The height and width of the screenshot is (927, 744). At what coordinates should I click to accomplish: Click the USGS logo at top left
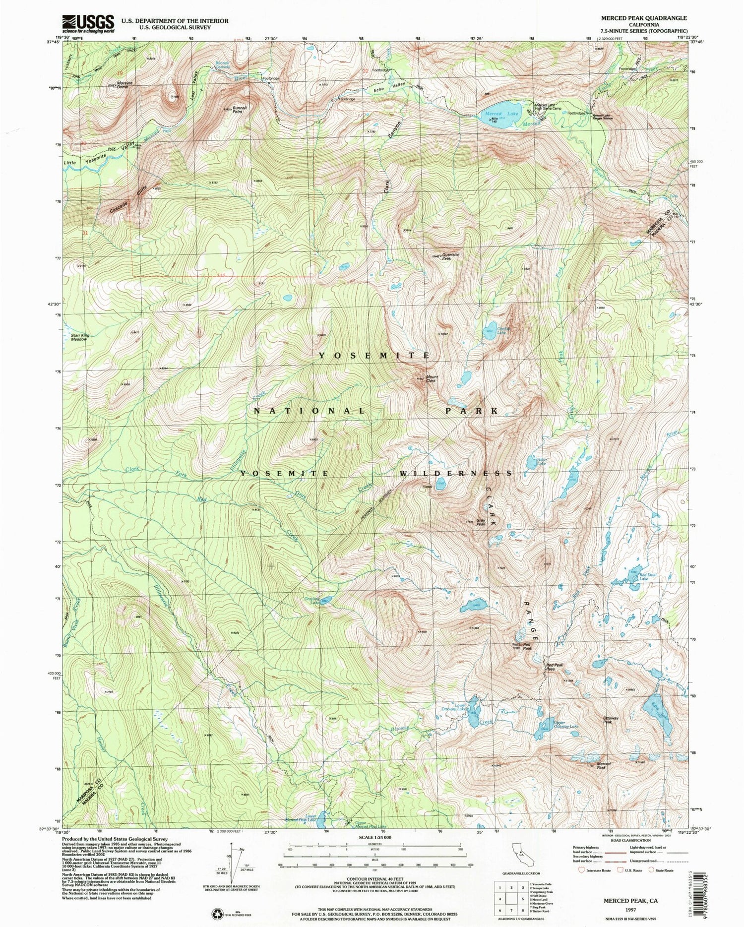coord(88,23)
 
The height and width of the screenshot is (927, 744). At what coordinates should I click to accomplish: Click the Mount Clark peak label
coord(431,378)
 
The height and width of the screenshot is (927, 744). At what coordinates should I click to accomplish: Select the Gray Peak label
coord(480,522)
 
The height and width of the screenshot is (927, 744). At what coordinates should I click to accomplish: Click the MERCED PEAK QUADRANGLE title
coord(644,18)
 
